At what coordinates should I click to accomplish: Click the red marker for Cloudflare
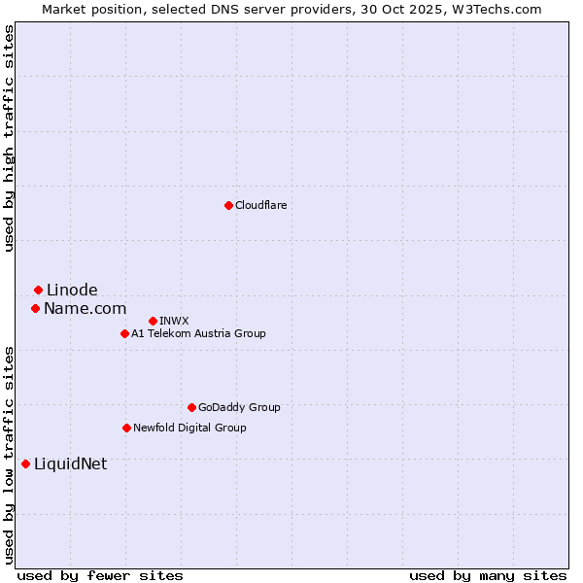tap(228, 205)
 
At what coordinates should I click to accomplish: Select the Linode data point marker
tap(38, 290)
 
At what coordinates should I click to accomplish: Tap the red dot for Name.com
tap(35, 308)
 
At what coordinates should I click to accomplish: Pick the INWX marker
tap(153, 321)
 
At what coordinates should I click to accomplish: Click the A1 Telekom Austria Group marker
tap(124, 333)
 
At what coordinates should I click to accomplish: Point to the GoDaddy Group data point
tap(191, 407)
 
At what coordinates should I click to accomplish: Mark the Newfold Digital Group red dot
tap(126, 428)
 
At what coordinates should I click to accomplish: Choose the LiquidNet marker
tap(25, 463)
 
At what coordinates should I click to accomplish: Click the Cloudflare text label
tap(260, 205)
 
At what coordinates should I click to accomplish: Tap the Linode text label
tap(72, 290)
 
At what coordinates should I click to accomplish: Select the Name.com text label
tap(85, 308)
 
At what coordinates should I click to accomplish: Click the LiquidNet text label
tap(70, 463)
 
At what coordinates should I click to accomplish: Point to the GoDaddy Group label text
tap(239, 407)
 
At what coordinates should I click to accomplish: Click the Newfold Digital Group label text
tap(189, 428)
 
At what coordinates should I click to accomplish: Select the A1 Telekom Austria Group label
tap(198, 333)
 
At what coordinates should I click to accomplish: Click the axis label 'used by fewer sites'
tap(100, 575)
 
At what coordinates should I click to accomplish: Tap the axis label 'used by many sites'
tap(488, 575)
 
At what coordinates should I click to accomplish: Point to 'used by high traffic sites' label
tap(9, 138)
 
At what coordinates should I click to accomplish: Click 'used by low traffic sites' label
tap(9, 455)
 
